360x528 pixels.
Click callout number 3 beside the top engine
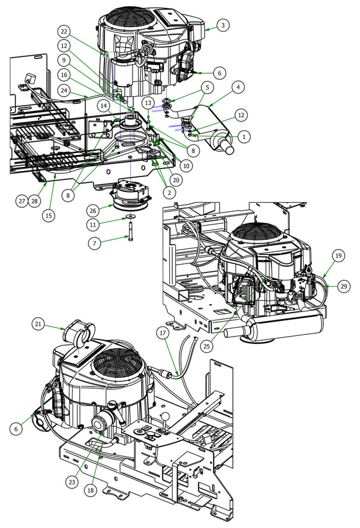[223, 25]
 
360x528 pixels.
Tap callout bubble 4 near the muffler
[239, 87]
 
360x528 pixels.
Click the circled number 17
[161, 332]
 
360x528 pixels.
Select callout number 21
[40, 324]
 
